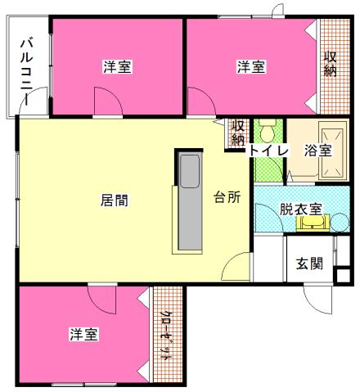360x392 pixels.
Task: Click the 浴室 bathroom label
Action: click(x=317, y=150)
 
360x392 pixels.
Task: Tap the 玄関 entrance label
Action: click(x=309, y=264)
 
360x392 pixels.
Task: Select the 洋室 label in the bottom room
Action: click(x=84, y=334)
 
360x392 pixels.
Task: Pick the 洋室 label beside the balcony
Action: click(x=119, y=67)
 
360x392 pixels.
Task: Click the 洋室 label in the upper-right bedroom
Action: click(x=251, y=67)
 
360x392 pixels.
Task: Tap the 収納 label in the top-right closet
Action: click(x=330, y=65)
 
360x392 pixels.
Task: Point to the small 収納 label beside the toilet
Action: click(x=238, y=133)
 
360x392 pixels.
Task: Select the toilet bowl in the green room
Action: click(x=267, y=131)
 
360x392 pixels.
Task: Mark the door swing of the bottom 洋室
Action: click(x=103, y=300)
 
